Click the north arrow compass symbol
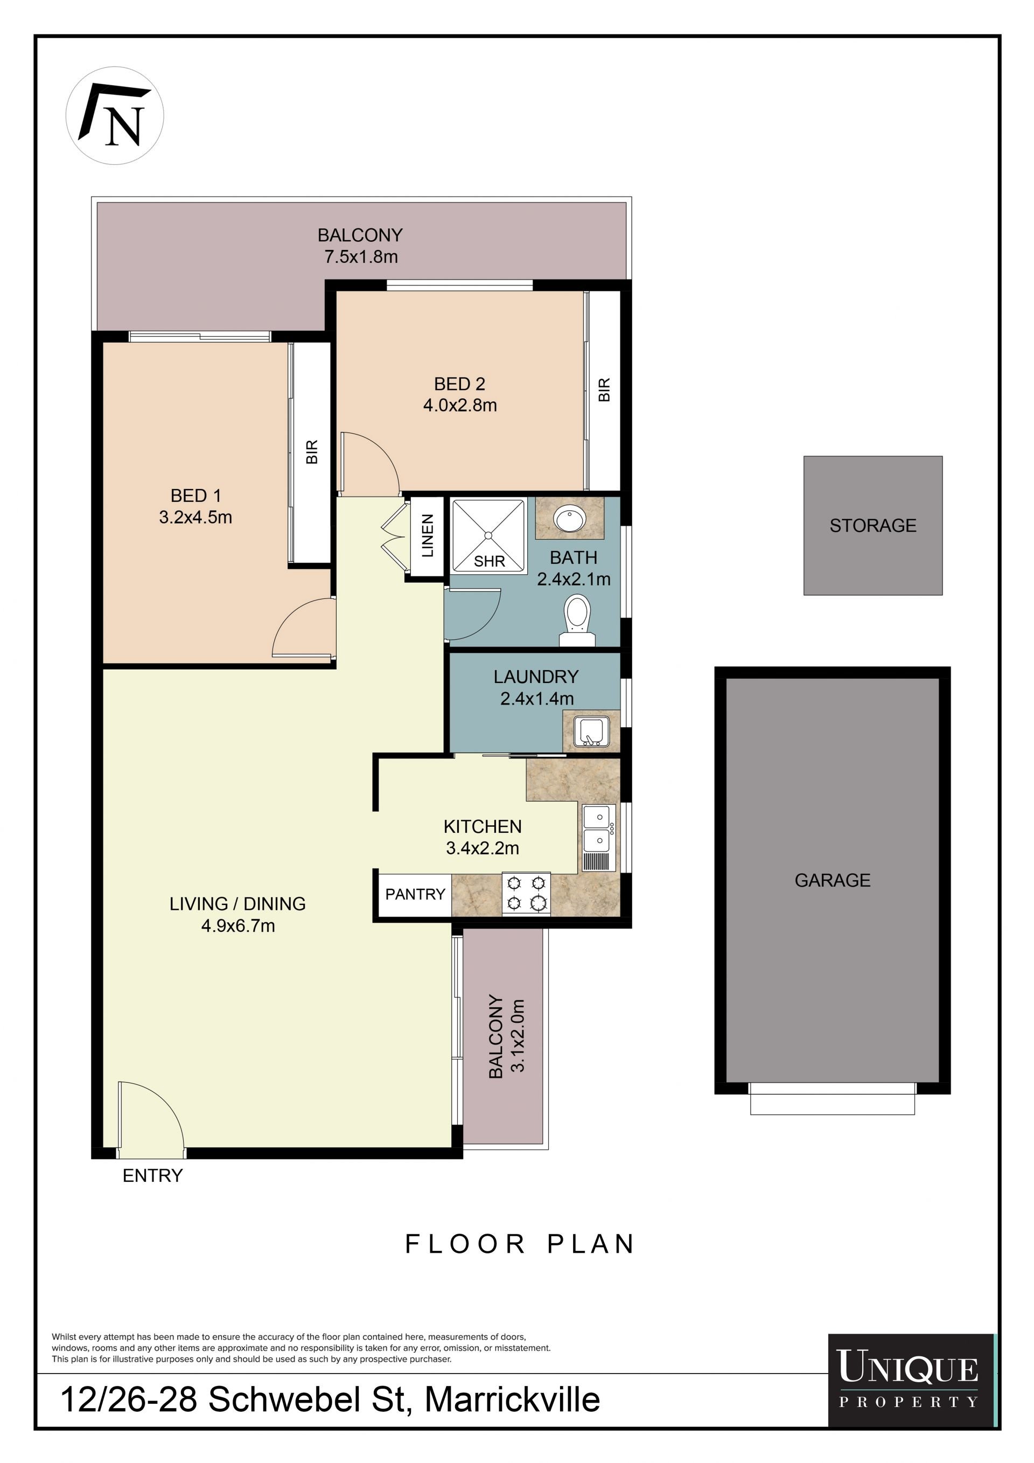[x=115, y=115]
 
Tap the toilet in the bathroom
[x=577, y=621]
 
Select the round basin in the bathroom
[x=570, y=519]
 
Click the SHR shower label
[x=490, y=561]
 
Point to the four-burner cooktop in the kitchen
[x=526, y=894]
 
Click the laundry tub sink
[x=591, y=731]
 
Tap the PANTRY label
[x=415, y=894]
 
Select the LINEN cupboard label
[x=428, y=536]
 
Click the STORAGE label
[x=873, y=525]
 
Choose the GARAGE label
[x=832, y=880]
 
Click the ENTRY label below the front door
[x=152, y=1175]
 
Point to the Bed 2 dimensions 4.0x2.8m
[x=460, y=405]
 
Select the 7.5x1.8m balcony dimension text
[x=361, y=257]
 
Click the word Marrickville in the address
[x=512, y=1399]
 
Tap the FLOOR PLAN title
[x=519, y=1244]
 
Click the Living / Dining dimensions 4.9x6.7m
[x=238, y=925]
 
